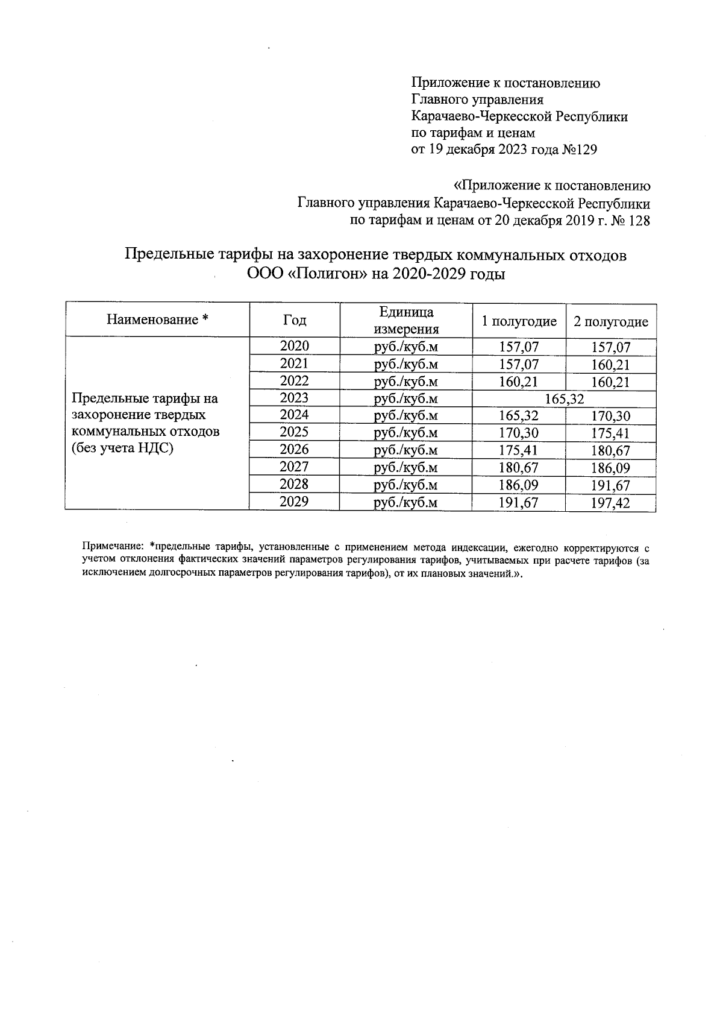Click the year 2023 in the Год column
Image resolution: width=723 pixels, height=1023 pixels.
coord(294,398)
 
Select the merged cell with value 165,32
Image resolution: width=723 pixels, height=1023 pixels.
coord(565,398)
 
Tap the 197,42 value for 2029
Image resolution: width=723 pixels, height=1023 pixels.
coord(610,503)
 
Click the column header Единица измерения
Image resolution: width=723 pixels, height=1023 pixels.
coord(406,320)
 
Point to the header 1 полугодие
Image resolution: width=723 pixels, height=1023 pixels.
coord(519,321)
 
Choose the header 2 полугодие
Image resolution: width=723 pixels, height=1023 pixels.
coord(610,321)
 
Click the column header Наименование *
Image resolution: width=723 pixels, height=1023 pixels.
coord(157,319)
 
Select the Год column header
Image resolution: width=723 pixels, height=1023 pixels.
coord(294,320)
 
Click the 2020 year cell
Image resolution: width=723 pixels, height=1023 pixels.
coord(294,346)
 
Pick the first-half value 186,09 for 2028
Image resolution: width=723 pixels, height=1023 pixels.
coord(519,485)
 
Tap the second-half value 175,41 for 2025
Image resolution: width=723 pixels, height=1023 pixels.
coord(610,433)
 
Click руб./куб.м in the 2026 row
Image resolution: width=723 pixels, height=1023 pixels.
coord(406,450)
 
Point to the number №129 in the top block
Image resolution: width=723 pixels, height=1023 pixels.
coord(579,150)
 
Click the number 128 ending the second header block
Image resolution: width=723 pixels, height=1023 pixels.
coord(639,221)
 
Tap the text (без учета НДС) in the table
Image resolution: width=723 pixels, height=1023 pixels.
coord(122,449)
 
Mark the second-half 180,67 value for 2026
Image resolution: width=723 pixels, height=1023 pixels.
coord(610,451)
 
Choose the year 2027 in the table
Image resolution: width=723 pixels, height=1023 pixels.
coord(294,467)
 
